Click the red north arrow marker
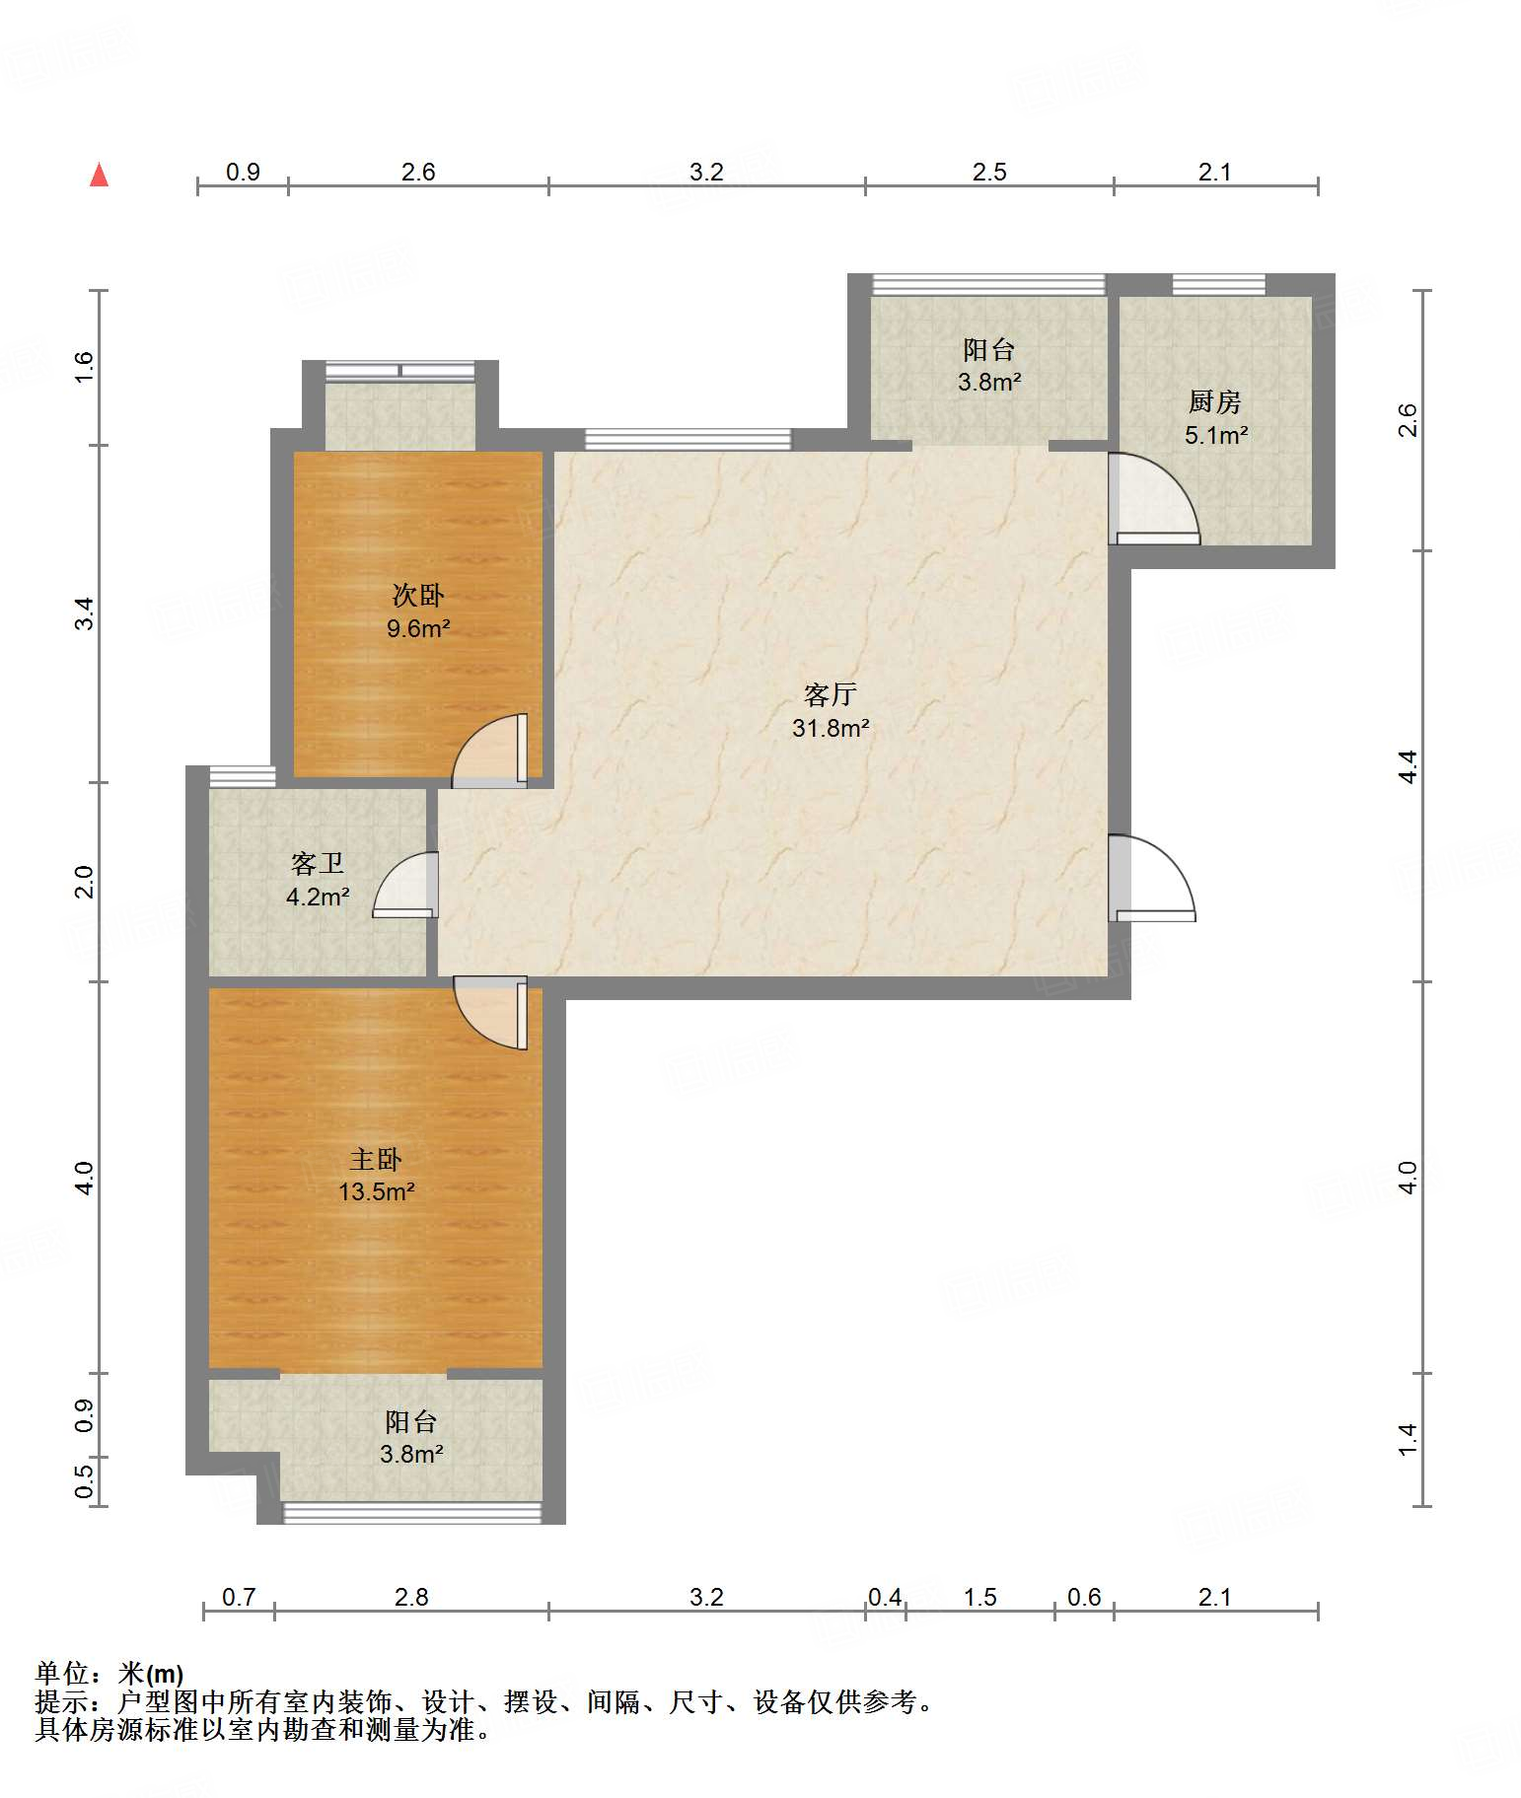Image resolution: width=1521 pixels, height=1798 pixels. pos(99,175)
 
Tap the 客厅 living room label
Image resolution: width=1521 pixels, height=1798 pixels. pos(830,695)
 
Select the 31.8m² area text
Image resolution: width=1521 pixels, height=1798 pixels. pos(831,729)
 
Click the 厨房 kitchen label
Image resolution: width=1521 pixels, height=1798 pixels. pos(1214,401)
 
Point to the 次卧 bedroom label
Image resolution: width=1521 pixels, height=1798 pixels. pos(418,595)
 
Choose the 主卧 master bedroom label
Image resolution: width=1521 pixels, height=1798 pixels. pos(376,1159)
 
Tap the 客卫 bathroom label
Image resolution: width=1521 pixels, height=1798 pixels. pos(318,864)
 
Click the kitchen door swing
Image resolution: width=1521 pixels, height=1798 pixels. pos(1154,498)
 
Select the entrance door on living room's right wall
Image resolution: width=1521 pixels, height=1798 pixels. pos(1152,878)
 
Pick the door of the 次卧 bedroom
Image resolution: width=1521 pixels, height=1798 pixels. pos(490,751)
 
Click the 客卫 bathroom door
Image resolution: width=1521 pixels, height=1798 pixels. pos(405,885)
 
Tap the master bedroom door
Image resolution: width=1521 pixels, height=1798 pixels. pos(491,1013)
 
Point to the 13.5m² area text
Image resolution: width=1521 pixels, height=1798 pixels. pos(377,1191)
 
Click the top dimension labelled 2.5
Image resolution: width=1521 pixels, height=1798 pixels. pos(989,173)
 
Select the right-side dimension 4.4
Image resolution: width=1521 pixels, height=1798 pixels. pos(1409,766)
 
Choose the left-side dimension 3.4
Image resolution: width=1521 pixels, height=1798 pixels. pos(84,613)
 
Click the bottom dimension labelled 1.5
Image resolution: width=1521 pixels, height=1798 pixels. pos(979,1597)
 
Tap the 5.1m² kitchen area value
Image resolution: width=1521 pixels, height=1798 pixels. pos(1216,435)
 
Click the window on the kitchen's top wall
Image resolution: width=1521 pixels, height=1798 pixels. pos(1218,285)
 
